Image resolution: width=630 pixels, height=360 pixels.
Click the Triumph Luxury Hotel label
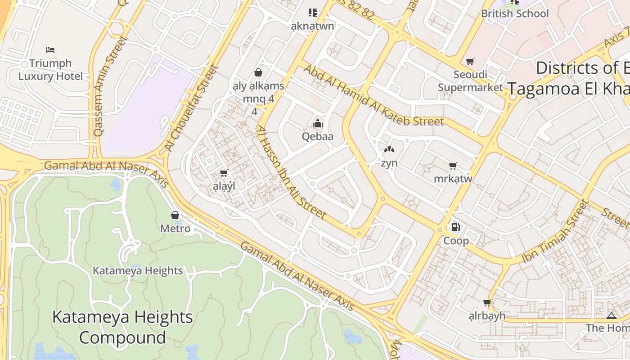50,70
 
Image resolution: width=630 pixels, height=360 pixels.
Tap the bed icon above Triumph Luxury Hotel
50,49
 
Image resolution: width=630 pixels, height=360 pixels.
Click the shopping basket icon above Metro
175,215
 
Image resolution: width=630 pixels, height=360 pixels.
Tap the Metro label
175,229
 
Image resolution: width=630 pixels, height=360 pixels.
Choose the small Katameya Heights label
138,270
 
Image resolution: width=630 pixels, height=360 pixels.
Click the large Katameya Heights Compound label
122,327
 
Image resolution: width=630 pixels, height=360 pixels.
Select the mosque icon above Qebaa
318,123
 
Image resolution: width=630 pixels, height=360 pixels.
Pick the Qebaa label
318,136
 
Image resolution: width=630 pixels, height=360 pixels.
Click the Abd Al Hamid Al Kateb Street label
373,95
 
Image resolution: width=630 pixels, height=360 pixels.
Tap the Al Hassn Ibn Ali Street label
291,172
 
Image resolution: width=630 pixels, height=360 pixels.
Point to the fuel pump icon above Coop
455,227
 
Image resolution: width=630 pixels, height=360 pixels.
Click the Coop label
456,241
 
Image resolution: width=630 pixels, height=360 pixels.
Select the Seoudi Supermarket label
470,81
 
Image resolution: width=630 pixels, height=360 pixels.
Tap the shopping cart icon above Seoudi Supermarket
470,61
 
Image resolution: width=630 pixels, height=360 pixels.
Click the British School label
515,13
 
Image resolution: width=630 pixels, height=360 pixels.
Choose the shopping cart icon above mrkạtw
453,166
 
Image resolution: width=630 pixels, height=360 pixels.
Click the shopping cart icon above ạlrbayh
487,303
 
